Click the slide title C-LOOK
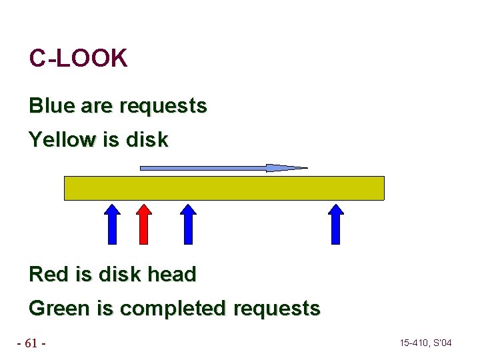[78, 59]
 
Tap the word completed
[173, 309]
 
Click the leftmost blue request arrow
[113, 224]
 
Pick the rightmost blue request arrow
[336, 224]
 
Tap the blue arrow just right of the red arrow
[189, 224]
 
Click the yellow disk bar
[224, 188]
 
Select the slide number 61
[31, 343]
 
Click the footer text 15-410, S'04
[425, 343]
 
